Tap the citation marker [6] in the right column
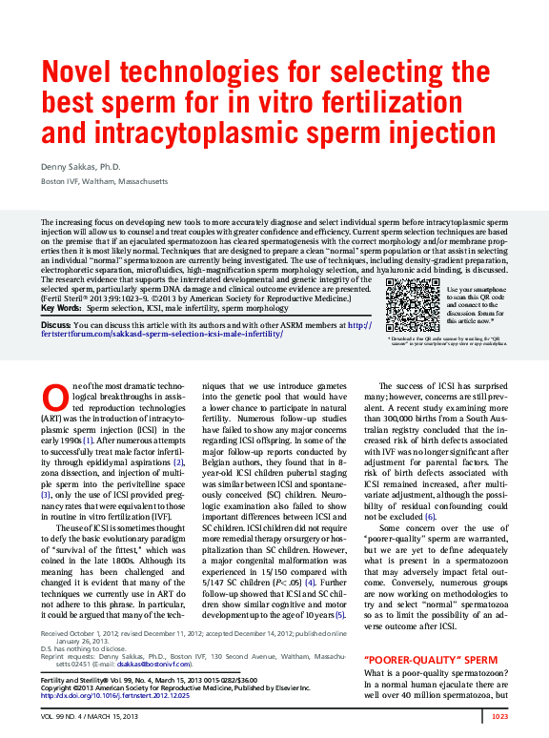[430, 516]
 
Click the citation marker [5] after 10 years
[339, 614]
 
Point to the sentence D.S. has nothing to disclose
[81, 647]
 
